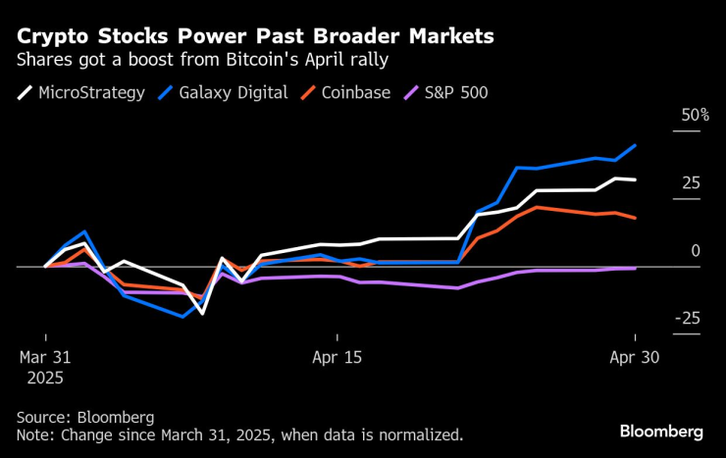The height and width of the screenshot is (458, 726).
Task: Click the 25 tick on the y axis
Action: coord(692,183)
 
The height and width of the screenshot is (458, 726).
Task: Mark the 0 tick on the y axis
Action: coord(696,251)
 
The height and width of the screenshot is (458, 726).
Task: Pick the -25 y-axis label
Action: coord(689,319)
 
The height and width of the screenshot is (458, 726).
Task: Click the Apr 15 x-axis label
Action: coord(337,357)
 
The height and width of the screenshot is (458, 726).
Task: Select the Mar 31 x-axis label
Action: coord(46,357)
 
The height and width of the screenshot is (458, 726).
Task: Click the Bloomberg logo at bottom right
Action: coord(660,432)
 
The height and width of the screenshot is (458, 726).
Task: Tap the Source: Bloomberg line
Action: coord(84,417)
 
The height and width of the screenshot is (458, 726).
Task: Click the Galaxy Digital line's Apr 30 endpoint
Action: coord(636,145)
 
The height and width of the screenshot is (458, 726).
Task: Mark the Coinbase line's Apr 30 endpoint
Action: coord(636,218)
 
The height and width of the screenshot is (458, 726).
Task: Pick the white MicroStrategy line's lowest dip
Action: coord(202,313)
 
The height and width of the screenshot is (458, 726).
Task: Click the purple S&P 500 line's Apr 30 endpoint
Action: coord(636,268)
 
